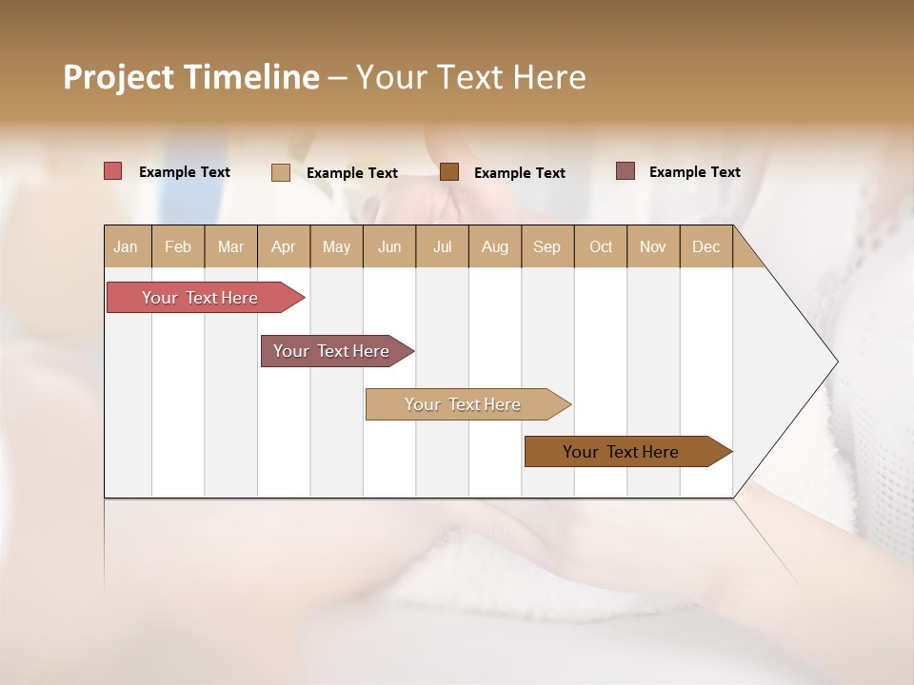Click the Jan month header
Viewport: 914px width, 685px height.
127,246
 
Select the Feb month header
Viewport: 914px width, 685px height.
178,246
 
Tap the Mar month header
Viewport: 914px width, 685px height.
230,246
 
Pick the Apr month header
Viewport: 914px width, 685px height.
284,246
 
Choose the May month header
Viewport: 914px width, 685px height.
336,246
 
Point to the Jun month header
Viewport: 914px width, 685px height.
389,246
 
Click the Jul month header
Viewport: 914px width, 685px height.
442,246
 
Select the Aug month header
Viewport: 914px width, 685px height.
495,246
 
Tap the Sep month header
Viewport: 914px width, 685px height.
547,246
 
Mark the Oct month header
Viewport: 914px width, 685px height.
601,246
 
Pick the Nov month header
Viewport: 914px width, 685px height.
653,246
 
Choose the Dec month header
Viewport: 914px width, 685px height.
706,246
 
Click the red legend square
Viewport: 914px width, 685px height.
113,171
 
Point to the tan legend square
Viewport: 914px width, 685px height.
281,172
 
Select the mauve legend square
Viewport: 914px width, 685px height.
626,171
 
